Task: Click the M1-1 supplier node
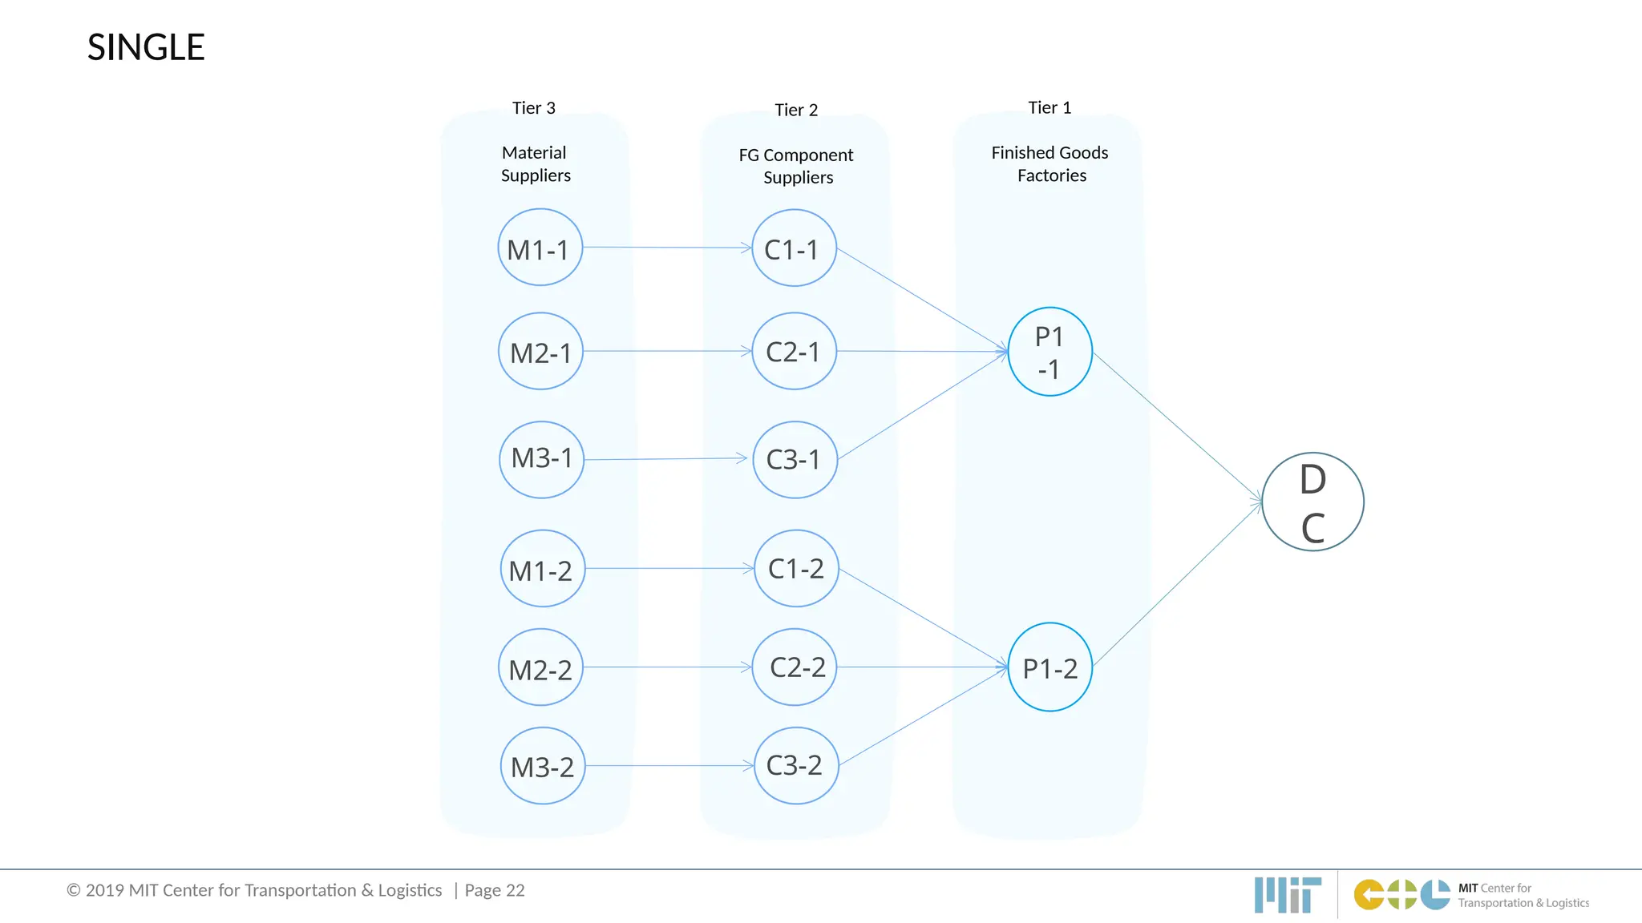[x=540, y=248]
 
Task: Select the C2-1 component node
[x=794, y=351]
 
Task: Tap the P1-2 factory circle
[x=1050, y=667]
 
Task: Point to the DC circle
[x=1312, y=502]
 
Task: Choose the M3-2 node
[x=543, y=766]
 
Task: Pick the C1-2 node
[x=796, y=568]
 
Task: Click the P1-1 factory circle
[x=1050, y=352]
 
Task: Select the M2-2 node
[x=540, y=667]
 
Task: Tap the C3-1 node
[x=795, y=460]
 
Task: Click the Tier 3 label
[x=534, y=108]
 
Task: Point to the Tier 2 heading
[x=796, y=110]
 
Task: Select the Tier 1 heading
[x=1050, y=107]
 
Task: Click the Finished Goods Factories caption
[x=1050, y=163]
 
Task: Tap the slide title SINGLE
[x=146, y=47]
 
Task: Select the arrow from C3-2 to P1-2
[x=922, y=716]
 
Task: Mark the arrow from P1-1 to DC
[x=1177, y=427]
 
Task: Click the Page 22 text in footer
[x=495, y=890]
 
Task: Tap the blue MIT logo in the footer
[x=1288, y=894]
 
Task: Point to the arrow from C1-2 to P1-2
[x=922, y=617]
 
